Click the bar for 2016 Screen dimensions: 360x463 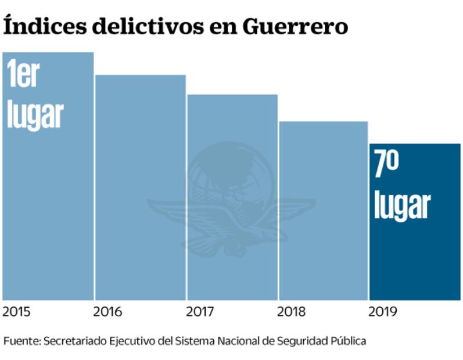tap(141, 186)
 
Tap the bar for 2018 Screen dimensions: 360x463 tap(324, 209)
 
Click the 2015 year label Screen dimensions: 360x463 tap(17, 312)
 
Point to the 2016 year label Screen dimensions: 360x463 tap(108, 312)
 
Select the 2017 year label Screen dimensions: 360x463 tap(201, 312)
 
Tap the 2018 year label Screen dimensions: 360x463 tap(292, 312)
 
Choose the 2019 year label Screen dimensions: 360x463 tap(383, 312)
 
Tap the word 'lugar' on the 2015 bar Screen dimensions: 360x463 tap(35, 114)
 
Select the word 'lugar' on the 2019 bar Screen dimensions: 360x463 tap(402, 205)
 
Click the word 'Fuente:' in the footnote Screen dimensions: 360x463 tap(21, 341)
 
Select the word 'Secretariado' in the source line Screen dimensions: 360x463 tap(71, 341)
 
